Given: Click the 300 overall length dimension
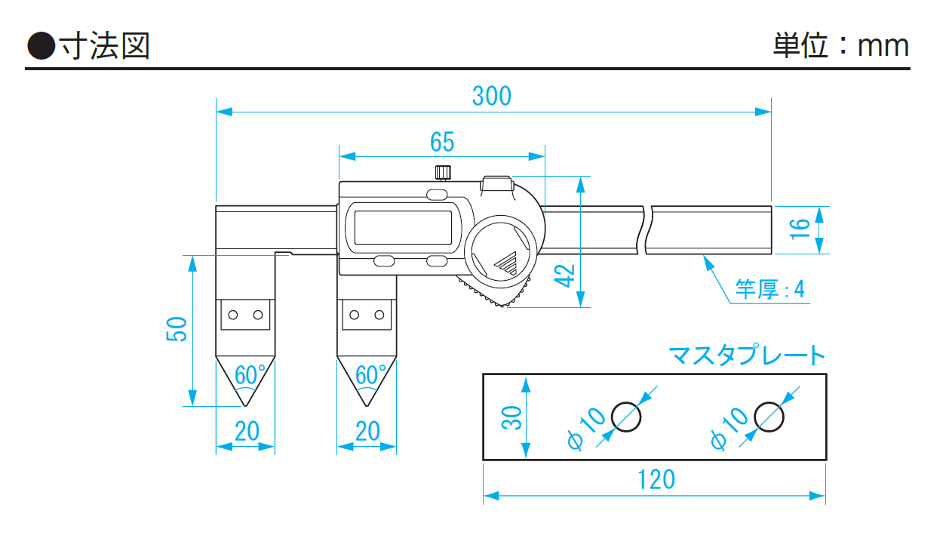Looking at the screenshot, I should coord(491,96).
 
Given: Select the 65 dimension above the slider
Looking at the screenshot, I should coord(442,141).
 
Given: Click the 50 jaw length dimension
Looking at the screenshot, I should coord(177,329).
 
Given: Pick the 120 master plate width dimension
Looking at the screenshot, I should coord(653,479).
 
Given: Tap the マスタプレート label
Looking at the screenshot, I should coord(747,355).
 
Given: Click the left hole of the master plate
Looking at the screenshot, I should coord(626,416).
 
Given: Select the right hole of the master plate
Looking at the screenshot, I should coord(768,416).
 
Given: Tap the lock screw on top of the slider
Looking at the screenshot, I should coord(443,173).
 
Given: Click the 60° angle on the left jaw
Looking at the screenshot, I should coord(250,374).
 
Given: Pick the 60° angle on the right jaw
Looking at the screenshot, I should coord(370,374).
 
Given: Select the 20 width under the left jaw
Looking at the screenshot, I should coord(247,431).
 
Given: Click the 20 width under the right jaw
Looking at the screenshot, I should coord(367,431).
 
